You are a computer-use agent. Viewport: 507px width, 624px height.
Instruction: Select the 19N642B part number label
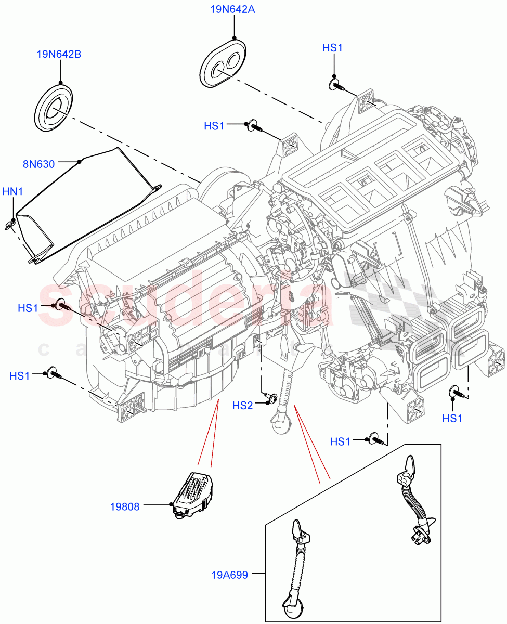[59, 54]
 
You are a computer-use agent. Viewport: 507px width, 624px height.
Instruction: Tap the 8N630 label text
[38, 164]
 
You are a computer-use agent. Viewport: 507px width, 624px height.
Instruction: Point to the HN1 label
[13, 192]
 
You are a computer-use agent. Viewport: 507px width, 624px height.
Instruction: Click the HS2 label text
[242, 405]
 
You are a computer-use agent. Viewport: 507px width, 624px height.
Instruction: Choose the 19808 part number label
[125, 506]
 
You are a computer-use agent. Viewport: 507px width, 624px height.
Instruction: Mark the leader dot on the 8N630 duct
[79, 162]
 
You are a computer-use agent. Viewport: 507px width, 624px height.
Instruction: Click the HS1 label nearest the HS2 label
[340, 441]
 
